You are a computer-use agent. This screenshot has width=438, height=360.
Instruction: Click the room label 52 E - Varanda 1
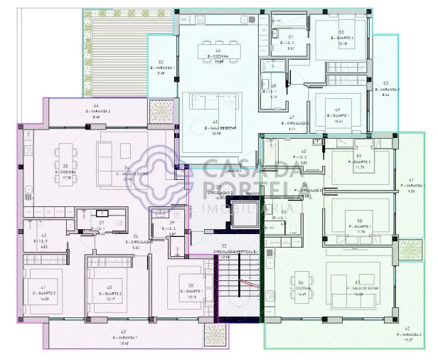pyautogui.click(x=161, y=68)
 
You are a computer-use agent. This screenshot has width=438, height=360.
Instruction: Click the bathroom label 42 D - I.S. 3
pyautogui.click(x=44, y=242)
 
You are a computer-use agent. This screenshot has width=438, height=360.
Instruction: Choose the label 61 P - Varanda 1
pyautogui.click(x=410, y=186)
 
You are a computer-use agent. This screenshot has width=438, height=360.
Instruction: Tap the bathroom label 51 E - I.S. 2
pyautogui.click(x=290, y=42)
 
